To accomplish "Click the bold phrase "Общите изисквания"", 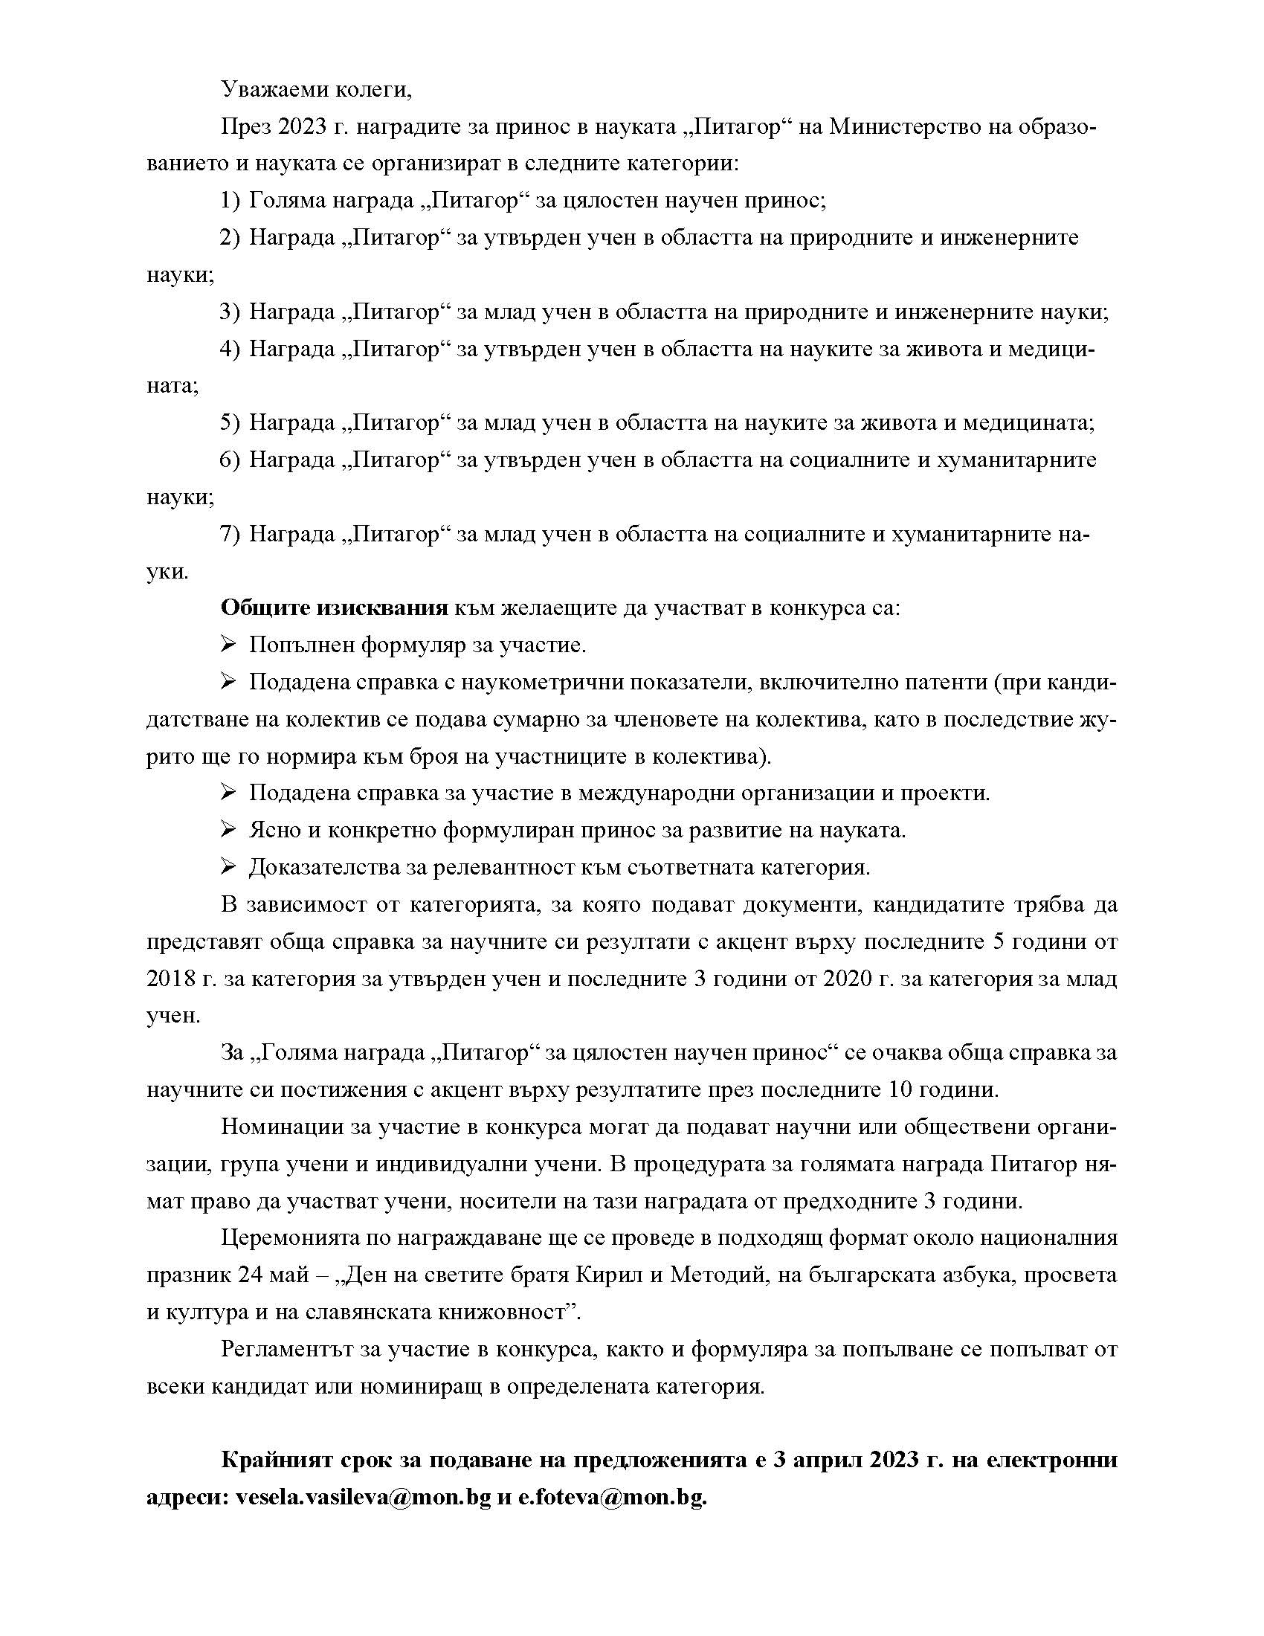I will click(x=334, y=608).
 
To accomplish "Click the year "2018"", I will click(x=170, y=979).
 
